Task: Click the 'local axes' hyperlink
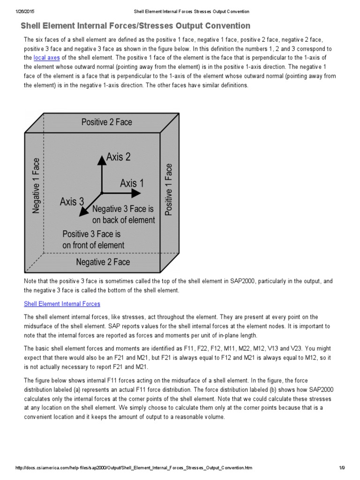tap(46, 58)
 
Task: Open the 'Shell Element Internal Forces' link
tap(62, 304)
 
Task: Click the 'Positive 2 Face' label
tap(107, 122)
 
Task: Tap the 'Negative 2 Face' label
tap(103, 262)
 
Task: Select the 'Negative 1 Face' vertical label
tap(36, 186)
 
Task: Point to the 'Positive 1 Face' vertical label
tap(169, 189)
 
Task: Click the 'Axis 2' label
tap(119, 157)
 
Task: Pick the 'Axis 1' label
tap(132, 183)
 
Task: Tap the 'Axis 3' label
tap(72, 202)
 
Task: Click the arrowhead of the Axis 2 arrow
tap(101, 158)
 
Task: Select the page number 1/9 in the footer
tap(342, 468)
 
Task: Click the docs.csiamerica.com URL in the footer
tap(134, 468)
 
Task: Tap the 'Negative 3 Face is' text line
tap(123, 209)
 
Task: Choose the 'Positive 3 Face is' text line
tap(92, 234)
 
